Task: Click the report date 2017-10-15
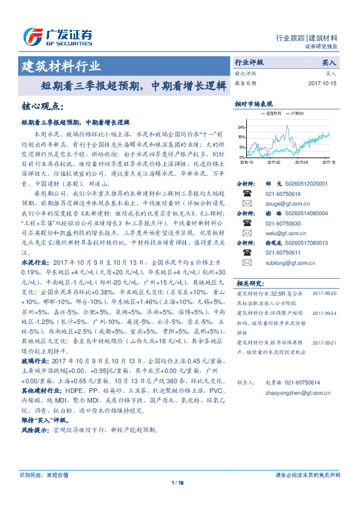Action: (x=322, y=83)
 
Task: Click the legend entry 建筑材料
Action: (x=271, y=113)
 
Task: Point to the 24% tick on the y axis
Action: (x=241, y=128)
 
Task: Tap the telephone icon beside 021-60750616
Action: (x=247, y=193)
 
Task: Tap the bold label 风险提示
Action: (x=34, y=430)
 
